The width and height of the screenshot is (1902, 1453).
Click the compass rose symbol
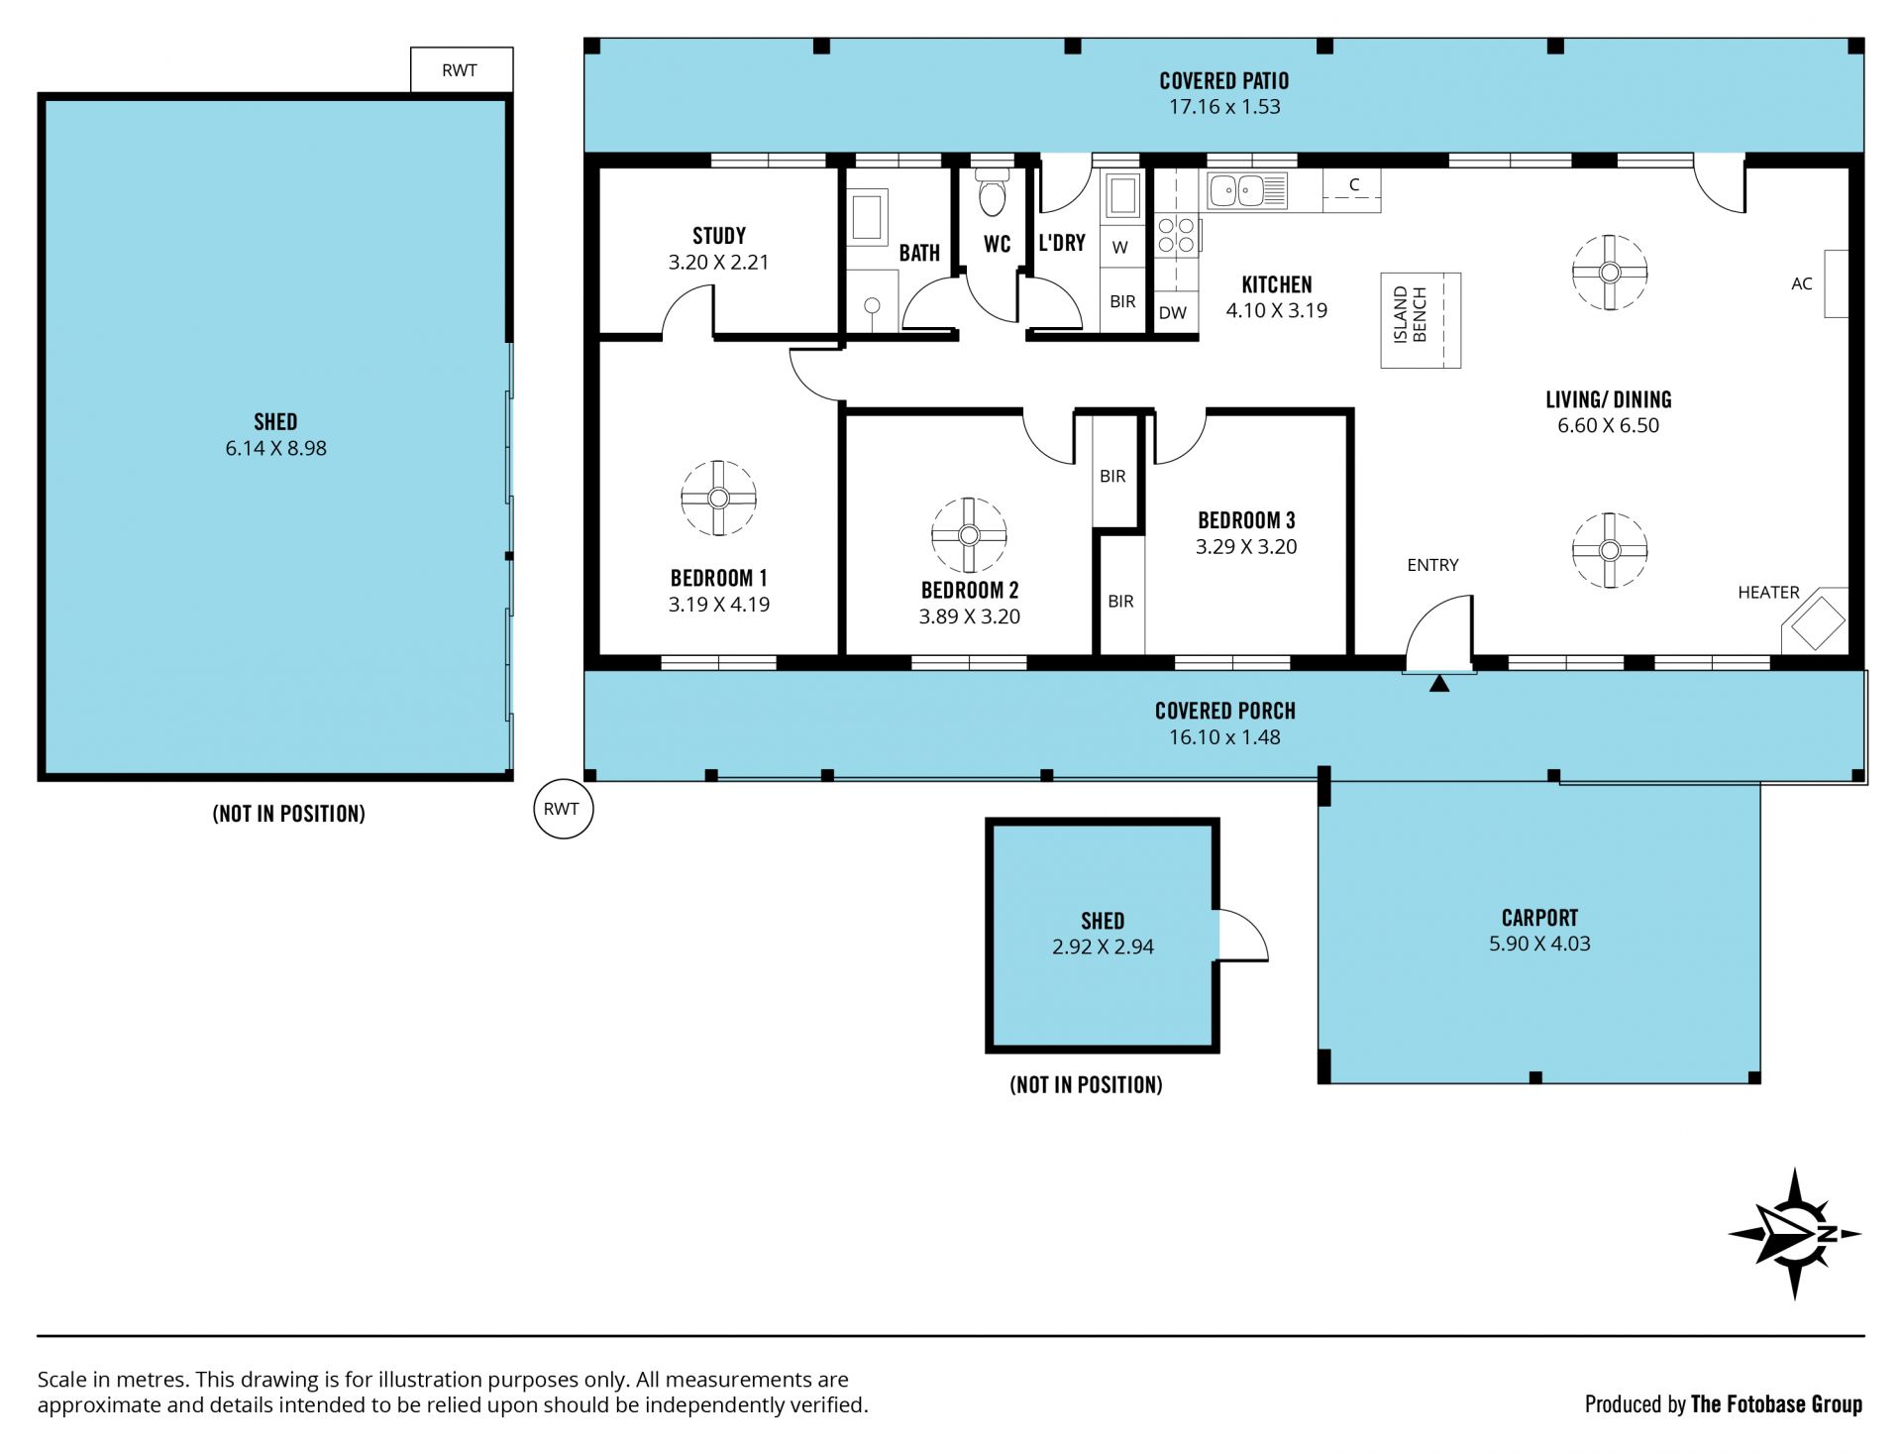point(1794,1234)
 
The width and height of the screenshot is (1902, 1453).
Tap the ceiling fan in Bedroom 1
point(718,499)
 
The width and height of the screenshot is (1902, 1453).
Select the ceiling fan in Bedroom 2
point(969,535)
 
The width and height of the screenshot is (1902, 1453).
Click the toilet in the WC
point(992,192)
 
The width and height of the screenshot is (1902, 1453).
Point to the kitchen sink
point(1246,189)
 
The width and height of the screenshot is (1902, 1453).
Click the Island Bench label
point(1410,315)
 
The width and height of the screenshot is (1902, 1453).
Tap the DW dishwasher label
point(1172,313)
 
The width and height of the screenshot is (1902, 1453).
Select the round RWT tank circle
point(563,809)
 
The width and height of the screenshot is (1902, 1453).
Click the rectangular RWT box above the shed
point(462,70)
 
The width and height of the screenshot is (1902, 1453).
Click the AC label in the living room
point(1801,284)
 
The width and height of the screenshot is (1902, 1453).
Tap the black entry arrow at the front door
point(1439,683)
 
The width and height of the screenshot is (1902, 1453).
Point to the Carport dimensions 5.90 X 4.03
point(1539,944)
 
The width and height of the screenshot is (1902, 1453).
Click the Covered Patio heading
point(1224,81)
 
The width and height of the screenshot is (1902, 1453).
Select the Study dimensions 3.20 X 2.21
point(718,263)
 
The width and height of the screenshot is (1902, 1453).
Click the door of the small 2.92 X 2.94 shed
point(1242,935)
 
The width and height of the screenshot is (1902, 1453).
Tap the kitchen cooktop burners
point(1176,236)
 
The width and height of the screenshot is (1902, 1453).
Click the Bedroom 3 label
point(1246,520)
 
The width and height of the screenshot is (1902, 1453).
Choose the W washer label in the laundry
point(1120,248)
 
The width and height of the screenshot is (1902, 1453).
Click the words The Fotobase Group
point(1776,1404)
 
